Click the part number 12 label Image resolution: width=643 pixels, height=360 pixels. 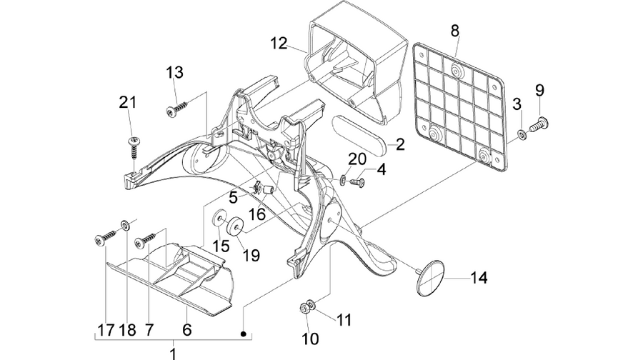click(x=279, y=44)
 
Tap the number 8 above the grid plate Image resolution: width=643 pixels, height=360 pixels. click(x=455, y=31)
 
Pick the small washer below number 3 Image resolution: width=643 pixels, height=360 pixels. click(x=522, y=134)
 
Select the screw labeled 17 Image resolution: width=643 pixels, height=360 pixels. click(x=106, y=238)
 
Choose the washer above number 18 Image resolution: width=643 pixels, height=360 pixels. click(x=125, y=225)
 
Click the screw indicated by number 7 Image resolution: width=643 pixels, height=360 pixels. click(x=145, y=241)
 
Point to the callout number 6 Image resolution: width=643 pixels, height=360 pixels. click(x=187, y=329)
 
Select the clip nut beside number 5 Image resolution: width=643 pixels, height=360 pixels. click(x=256, y=187)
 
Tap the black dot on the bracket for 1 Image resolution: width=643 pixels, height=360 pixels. click(x=243, y=334)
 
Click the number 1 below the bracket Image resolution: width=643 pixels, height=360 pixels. click(x=173, y=354)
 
